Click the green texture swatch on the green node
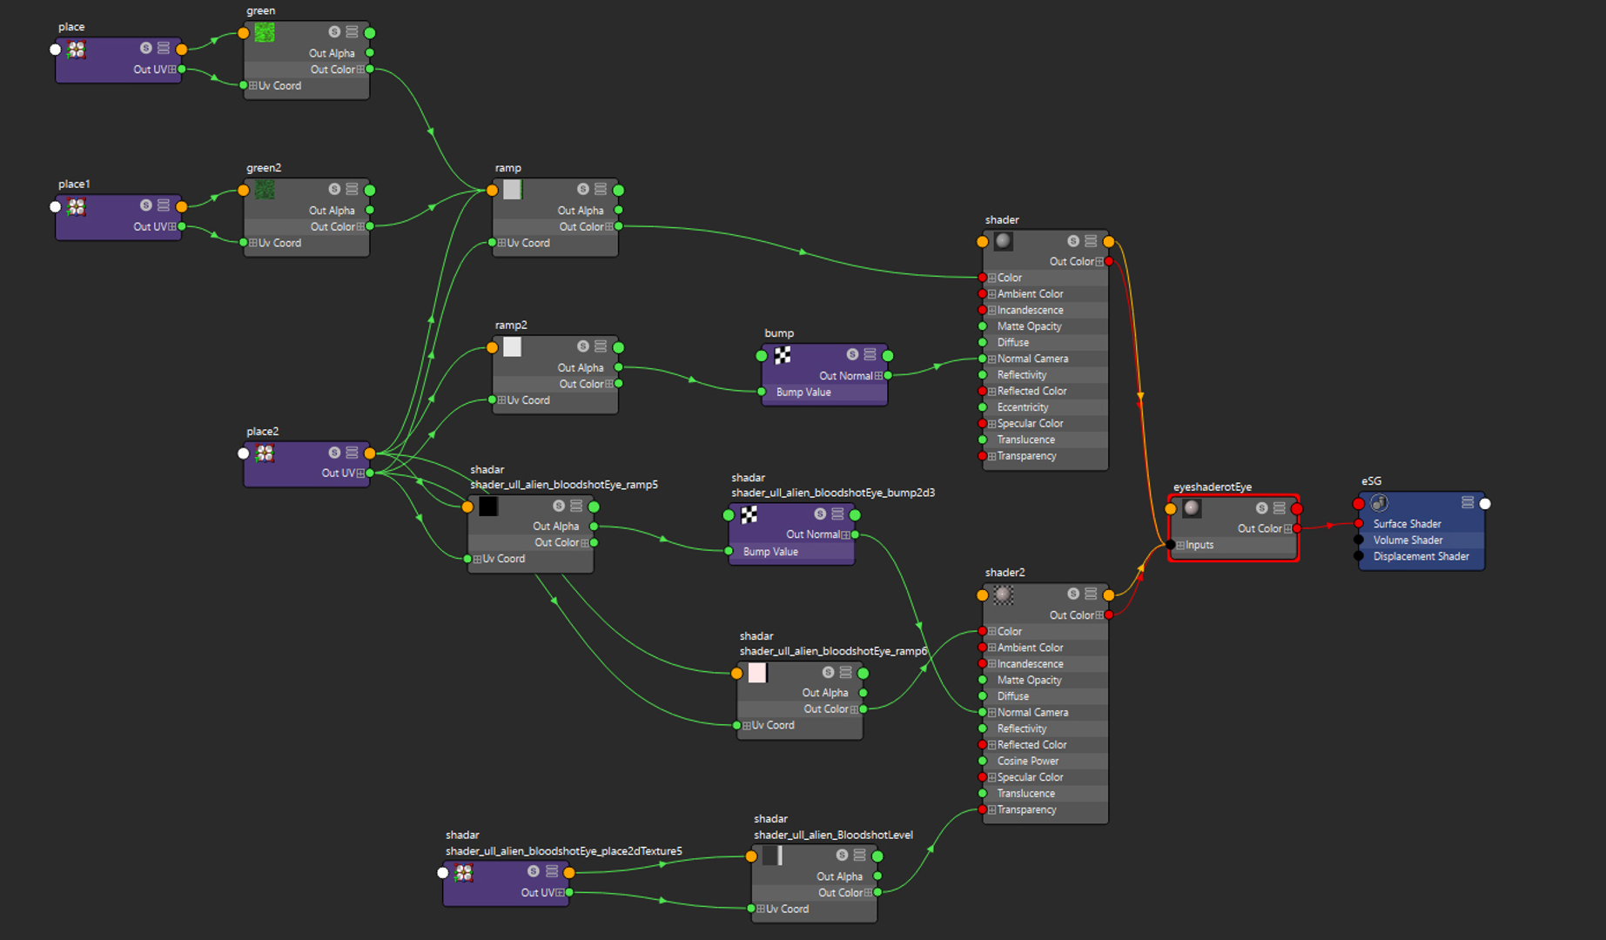(265, 33)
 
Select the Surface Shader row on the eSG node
(1407, 524)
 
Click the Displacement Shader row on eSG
(1421, 557)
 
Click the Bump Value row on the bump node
(803, 393)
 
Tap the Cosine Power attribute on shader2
(1028, 762)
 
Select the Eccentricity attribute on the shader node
(1023, 407)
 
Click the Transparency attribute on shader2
(1027, 810)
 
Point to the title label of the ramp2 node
(511, 326)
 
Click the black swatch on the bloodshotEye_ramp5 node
(488, 507)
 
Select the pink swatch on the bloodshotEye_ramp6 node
(757, 673)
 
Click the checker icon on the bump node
(783, 355)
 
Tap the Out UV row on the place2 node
(339, 473)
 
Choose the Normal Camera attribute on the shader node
(1032, 359)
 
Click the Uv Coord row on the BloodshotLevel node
(787, 910)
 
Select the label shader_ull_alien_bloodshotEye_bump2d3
(833, 493)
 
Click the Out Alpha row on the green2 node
(332, 211)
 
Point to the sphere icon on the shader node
(1003, 241)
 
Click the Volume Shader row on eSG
(1408, 540)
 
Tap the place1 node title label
(74, 185)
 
